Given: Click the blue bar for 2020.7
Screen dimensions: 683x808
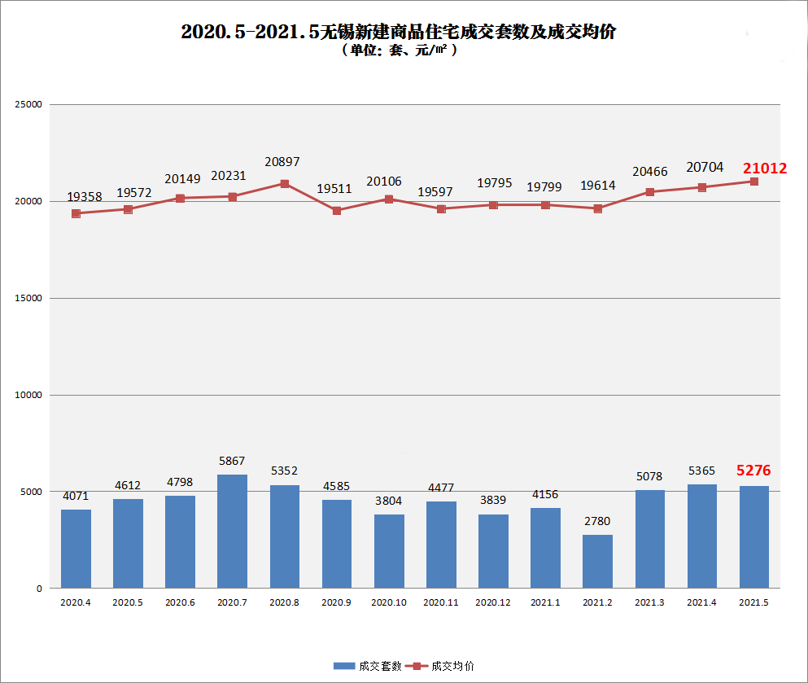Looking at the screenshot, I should click(x=232, y=531).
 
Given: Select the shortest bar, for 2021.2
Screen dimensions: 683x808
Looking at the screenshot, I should click(x=597, y=561).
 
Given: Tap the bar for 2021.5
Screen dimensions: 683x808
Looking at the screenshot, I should click(x=753, y=536).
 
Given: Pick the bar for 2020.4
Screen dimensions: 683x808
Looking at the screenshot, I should click(x=76, y=549).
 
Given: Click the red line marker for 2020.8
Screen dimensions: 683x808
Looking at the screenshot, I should click(x=285, y=184).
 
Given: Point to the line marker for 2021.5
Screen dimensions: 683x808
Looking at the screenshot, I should click(x=754, y=182).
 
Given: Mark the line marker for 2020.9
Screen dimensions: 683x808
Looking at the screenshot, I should click(x=337, y=211).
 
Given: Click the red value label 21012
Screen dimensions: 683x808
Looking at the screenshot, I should click(x=764, y=169).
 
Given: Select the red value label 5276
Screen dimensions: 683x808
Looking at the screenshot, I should click(x=753, y=471).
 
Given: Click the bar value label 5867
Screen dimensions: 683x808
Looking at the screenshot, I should click(x=232, y=461).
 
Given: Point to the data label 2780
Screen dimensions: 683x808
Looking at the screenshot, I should click(x=596, y=521).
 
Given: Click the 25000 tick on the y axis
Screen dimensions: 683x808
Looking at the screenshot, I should click(x=28, y=105).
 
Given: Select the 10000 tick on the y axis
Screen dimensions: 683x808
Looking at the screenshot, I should click(x=28, y=395).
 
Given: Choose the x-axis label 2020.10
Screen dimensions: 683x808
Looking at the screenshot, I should click(x=389, y=602).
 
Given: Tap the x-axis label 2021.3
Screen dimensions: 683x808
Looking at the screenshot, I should click(x=649, y=602).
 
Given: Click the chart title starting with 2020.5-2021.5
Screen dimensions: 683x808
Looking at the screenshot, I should click(x=398, y=32).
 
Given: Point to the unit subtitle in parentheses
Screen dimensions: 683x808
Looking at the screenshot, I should click(x=399, y=50).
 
